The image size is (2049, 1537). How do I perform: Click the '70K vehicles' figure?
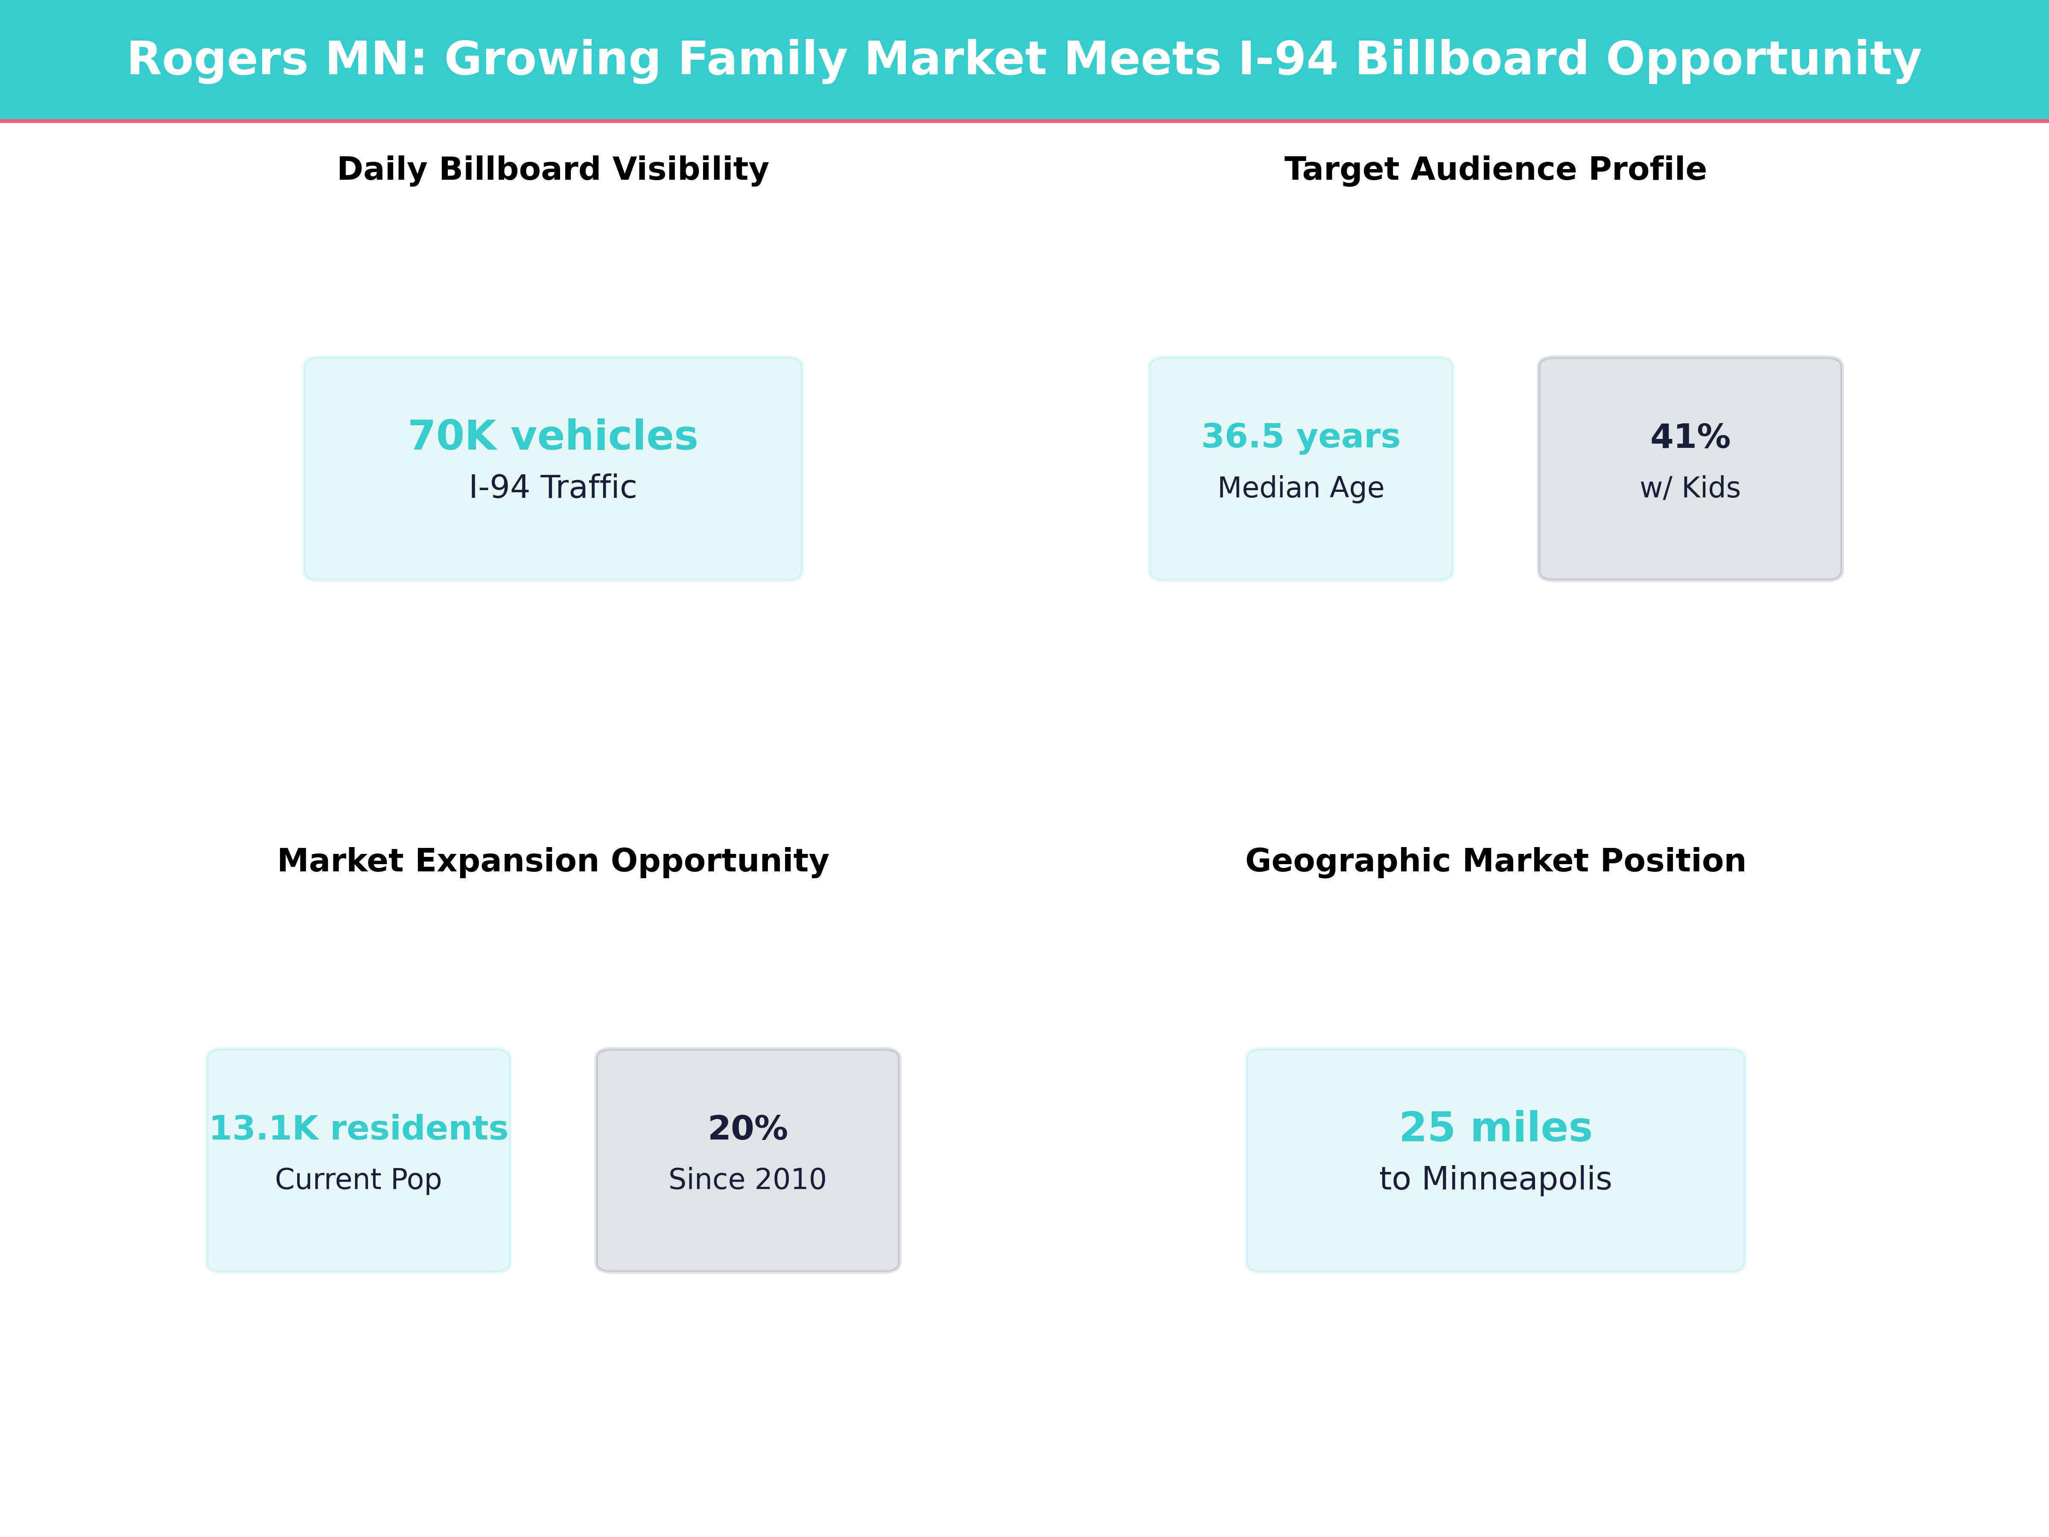pos(553,435)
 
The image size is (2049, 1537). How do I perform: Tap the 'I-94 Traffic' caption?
pos(553,487)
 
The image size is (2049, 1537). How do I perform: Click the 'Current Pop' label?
pos(359,1179)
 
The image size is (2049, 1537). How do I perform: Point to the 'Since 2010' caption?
pos(747,1179)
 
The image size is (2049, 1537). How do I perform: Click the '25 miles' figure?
pos(1495,1128)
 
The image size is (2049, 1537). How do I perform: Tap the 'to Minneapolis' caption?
pos(1495,1179)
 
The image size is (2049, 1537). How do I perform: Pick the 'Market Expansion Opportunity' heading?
pos(553,861)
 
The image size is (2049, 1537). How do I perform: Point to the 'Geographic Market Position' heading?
pos(1495,861)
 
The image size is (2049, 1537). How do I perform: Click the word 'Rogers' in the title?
pos(217,59)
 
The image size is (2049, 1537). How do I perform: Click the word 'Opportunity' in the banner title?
pos(1764,59)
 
